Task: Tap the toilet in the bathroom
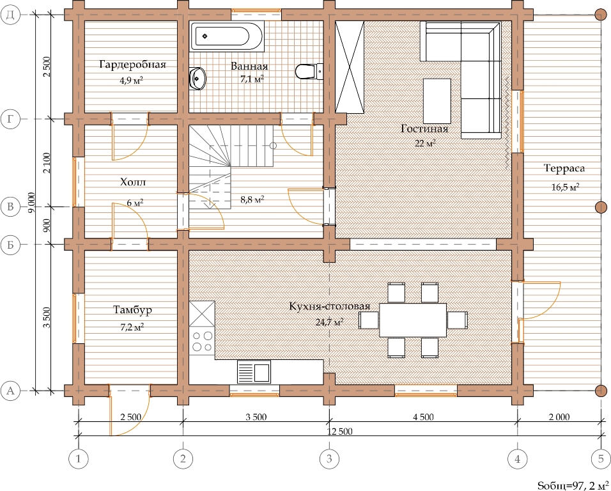tap(309, 72)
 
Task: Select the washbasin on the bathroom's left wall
tap(197, 79)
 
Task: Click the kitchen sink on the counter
tap(254, 371)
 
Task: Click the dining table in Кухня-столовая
tap(413, 320)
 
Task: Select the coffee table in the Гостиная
tap(437, 100)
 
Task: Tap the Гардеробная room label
tap(133, 65)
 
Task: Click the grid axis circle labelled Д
tap(10, 15)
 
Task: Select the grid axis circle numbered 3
tap(329, 459)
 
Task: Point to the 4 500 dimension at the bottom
tap(423, 417)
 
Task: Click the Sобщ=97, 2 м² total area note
tap(573, 485)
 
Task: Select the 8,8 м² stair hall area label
tap(252, 200)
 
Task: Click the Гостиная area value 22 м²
tap(425, 143)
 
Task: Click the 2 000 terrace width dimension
tap(559, 417)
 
